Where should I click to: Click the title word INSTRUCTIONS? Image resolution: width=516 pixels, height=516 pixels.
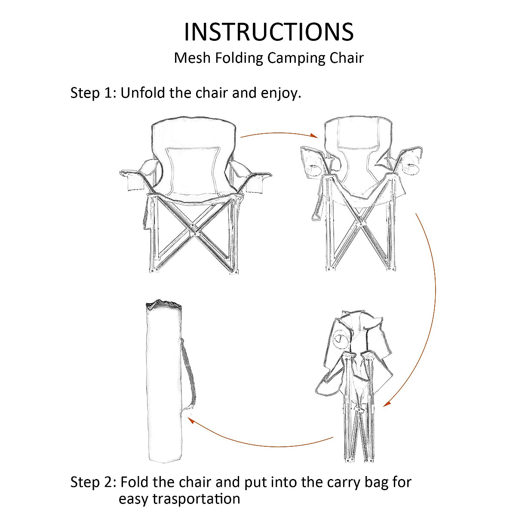[x=269, y=31]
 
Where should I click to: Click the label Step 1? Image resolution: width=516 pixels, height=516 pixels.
[x=93, y=93]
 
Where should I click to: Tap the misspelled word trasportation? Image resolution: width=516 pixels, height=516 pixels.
[x=179, y=499]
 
